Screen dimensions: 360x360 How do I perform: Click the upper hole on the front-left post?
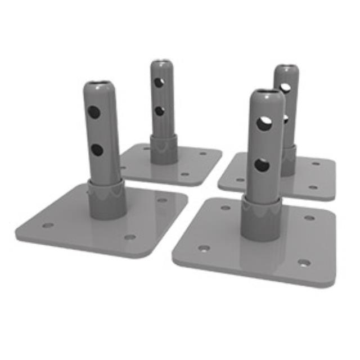94,112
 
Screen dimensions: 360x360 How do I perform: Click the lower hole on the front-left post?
97,150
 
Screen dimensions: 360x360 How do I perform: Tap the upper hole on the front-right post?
263,124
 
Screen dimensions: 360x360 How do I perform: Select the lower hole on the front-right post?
262,165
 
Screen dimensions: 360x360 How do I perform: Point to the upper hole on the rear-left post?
160,82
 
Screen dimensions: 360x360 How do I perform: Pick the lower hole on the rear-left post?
160,111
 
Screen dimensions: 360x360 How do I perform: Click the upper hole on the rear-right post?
286,88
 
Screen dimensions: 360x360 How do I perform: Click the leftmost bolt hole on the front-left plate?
48,226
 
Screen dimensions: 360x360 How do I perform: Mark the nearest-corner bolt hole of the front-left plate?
130,237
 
